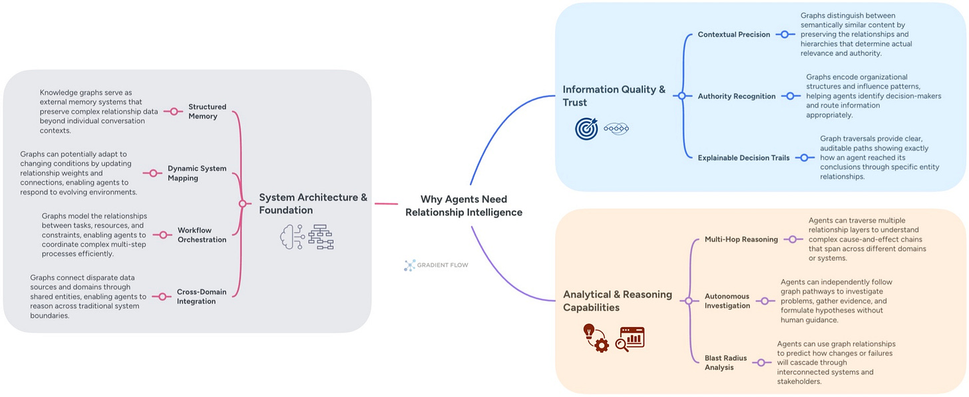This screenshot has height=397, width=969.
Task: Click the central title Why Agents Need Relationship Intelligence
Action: [x=464, y=206]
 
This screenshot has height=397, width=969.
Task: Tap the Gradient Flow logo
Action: [x=436, y=265]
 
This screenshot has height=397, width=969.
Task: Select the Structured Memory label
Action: [x=207, y=112]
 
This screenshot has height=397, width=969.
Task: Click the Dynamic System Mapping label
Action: [x=197, y=174]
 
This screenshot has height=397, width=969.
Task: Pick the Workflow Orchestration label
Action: [x=202, y=235]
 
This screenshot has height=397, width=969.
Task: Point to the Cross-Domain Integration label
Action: [x=196, y=297]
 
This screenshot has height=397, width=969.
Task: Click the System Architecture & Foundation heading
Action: [x=313, y=203]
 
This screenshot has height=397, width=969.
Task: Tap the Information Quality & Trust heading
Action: [x=614, y=96]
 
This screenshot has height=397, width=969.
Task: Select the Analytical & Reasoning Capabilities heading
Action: [x=617, y=301]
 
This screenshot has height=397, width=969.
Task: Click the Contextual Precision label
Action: [x=733, y=35]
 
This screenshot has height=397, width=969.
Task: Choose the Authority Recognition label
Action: [x=736, y=96]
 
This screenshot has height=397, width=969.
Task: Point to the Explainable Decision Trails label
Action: [x=743, y=158]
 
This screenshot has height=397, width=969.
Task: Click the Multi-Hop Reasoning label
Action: [x=741, y=239]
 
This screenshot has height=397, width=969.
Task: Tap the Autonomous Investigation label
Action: [x=727, y=301]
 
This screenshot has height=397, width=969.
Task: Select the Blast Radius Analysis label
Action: [x=726, y=362]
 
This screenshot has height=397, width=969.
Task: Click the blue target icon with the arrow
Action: [x=586, y=128]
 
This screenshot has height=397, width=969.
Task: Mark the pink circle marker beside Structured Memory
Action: [x=174, y=112]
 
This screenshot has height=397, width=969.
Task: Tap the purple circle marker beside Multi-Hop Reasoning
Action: [x=792, y=239]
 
